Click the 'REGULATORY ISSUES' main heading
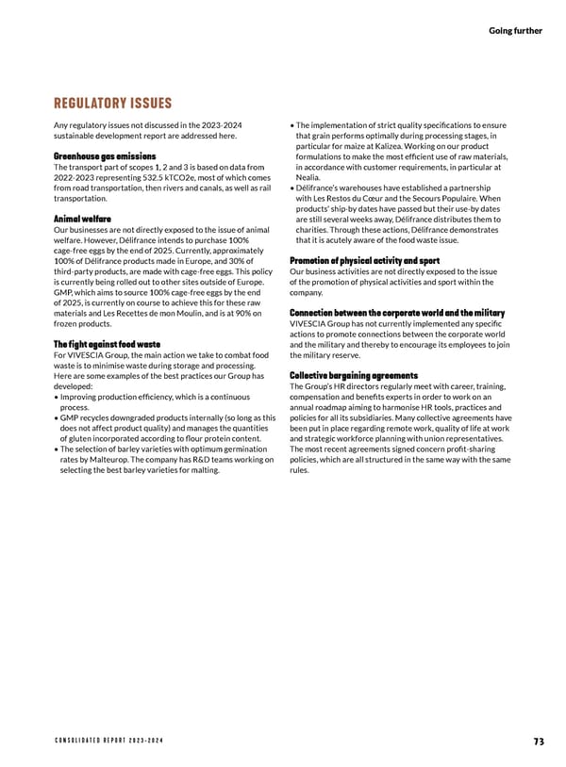point(113,104)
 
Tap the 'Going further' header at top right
point(515,30)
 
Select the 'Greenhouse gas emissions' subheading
point(106,155)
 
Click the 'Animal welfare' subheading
point(83,219)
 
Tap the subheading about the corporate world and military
point(397,313)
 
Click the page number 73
point(538,742)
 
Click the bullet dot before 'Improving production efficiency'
point(58,397)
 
